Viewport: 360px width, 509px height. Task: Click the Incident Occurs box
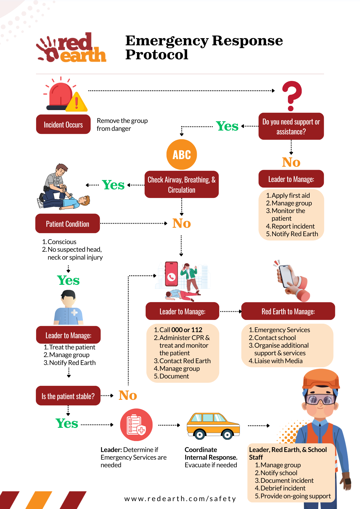tap(63, 124)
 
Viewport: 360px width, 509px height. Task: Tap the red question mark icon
tap(292, 95)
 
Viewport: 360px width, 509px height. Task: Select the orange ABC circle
tap(182, 154)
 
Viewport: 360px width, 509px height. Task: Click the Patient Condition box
tap(67, 224)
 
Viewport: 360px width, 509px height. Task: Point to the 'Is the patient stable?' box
tap(68, 396)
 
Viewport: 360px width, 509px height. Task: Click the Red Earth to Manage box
tap(288, 311)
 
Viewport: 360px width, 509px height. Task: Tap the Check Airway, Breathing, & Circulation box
tap(182, 185)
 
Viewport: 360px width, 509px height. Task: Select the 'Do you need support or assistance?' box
tap(291, 126)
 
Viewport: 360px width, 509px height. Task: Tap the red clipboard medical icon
tap(136, 425)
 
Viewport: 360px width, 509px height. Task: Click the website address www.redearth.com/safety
tap(180, 499)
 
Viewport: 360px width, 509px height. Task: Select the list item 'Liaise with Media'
tap(278, 361)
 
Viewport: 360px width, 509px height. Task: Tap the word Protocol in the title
tap(157, 54)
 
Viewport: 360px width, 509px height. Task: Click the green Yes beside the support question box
tap(227, 126)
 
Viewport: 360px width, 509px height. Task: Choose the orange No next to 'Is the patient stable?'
tap(128, 395)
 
